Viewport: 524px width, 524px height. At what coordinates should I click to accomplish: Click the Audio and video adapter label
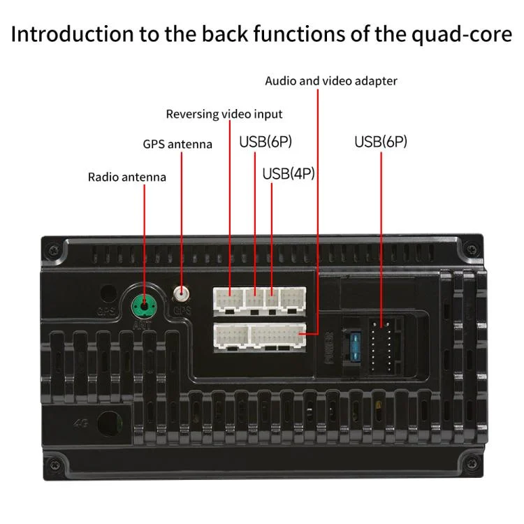coord(330,81)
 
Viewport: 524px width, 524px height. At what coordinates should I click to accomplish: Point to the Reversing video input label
coord(224,114)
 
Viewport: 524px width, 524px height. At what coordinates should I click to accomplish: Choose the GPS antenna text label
coord(177,145)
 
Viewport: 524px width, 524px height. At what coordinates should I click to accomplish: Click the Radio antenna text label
coord(126,177)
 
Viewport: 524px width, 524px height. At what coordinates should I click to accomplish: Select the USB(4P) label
coord(288,173)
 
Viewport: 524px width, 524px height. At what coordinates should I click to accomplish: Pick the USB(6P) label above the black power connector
coord(380,142)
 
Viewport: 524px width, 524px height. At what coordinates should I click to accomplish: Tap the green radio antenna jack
coord(145,304)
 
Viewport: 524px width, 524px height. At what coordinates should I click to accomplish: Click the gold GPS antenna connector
coord(182,294)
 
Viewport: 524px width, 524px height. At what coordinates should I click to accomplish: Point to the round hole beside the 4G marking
coord(108,422)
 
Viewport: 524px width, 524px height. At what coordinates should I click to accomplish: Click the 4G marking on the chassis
coord(79,423)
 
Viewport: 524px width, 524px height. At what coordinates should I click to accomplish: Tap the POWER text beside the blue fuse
coord(330,345)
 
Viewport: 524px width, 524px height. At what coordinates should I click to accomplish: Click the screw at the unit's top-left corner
coord(52,249)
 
